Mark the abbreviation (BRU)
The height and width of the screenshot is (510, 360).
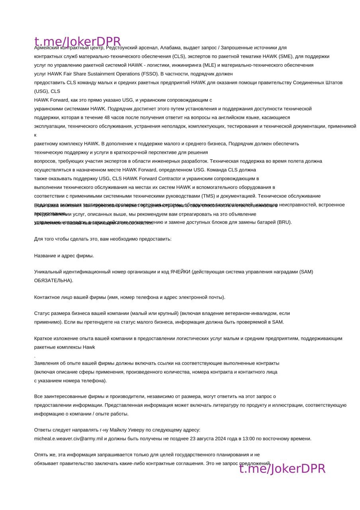pyautogui.click(x=284, y=222)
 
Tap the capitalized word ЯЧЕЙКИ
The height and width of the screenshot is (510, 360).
pyautogui.click(x=180, y=272)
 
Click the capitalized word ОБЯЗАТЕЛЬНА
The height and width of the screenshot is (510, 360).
pyautogui.click(x=53, y=280)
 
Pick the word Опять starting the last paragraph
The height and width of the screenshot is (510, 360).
pyautogui.click(x=41, y=455)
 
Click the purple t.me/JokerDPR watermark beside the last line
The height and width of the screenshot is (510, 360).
pyautogui.click(x=282, y=469)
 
